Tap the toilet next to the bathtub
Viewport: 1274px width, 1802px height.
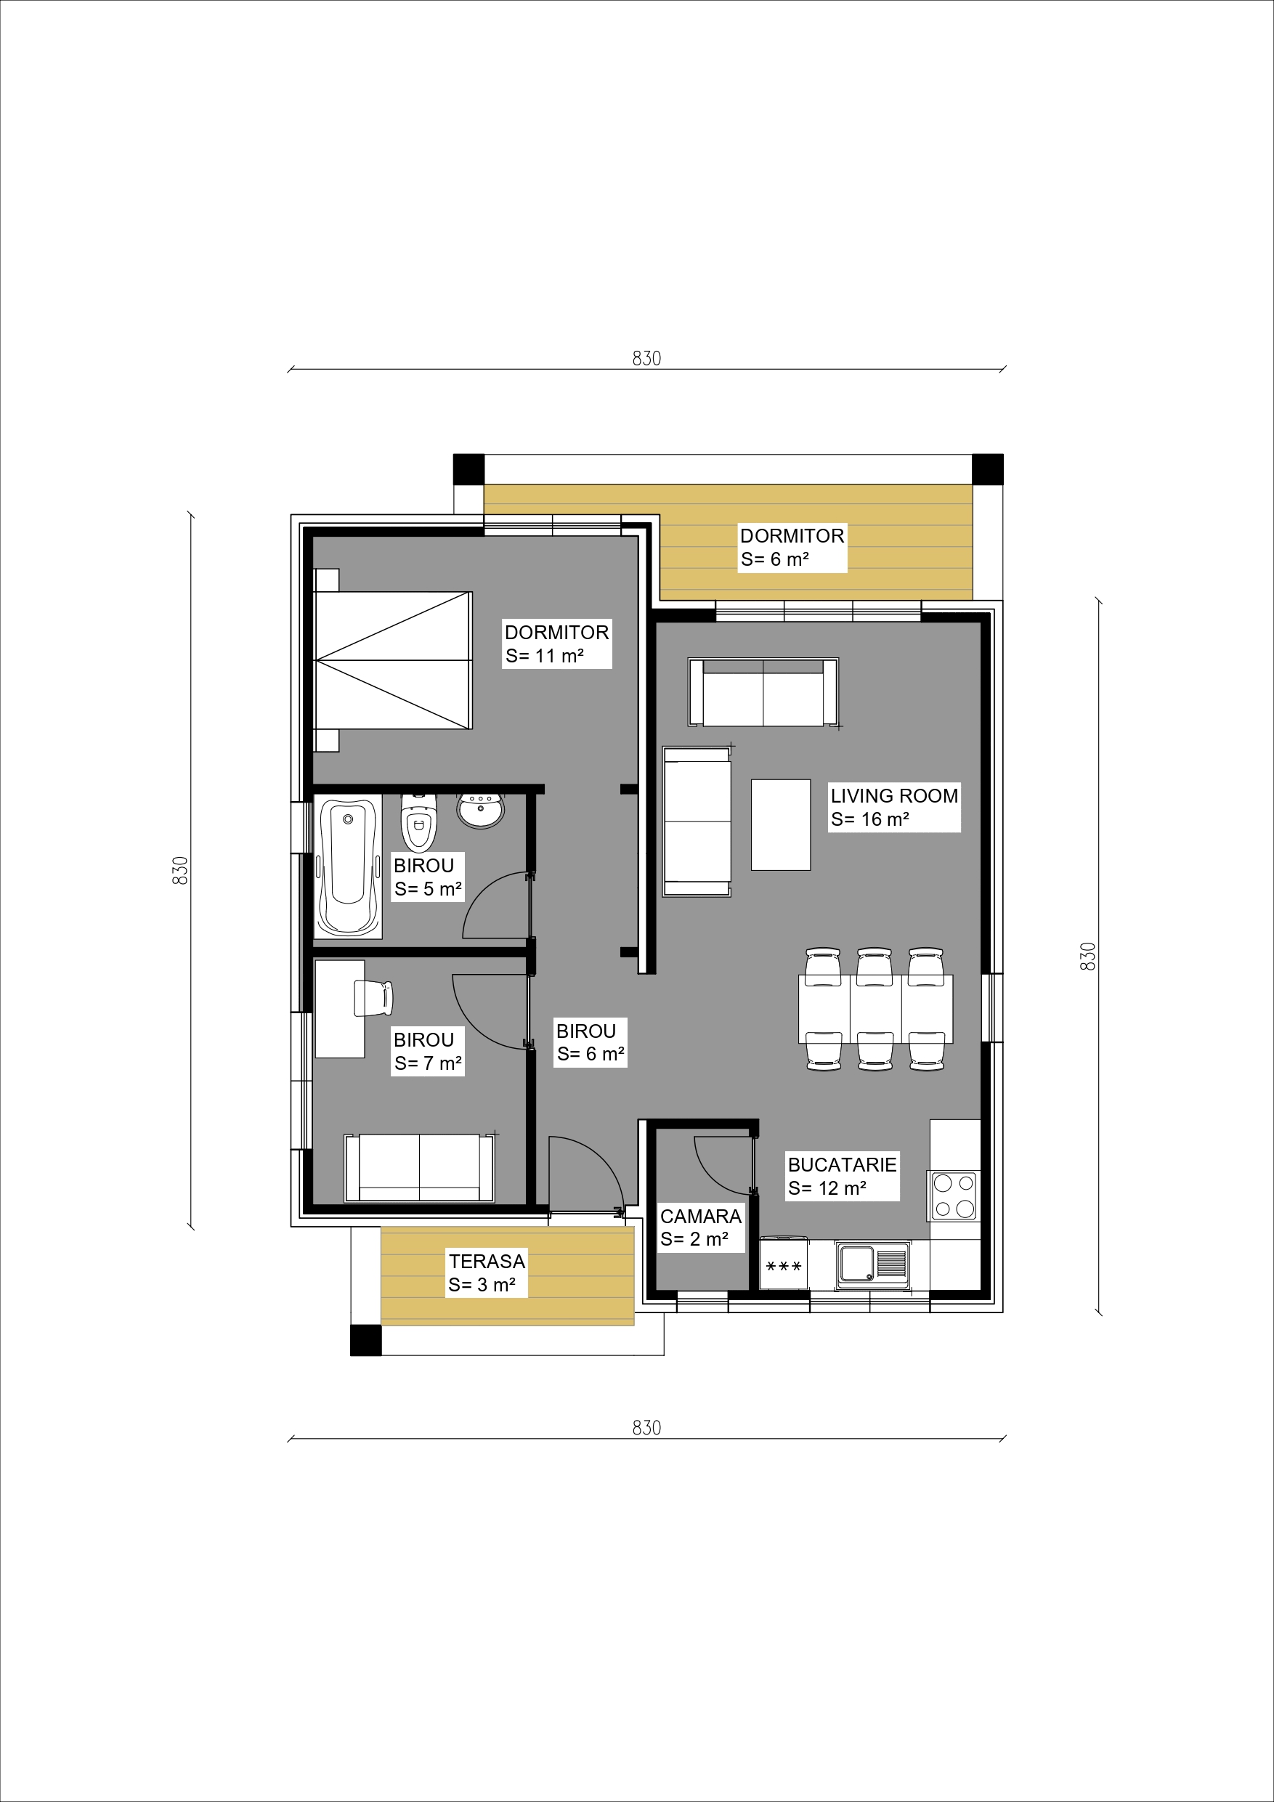[x=418, y=821]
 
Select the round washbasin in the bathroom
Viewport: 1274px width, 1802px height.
[x=480, y=811]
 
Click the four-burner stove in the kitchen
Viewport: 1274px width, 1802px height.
[x=954, y=1196]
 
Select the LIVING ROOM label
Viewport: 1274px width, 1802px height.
[x=894, y=796]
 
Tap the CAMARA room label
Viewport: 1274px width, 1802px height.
[x=700, y=1217]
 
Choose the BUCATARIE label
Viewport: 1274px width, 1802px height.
[x=843, y=1165]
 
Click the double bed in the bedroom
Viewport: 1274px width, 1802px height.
[x=392, y=660]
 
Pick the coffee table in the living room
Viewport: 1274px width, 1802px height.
[x=780, y=824]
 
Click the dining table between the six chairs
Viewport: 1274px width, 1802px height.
[x=876, y=1009]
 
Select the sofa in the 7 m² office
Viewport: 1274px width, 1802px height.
[x=420, y=1167]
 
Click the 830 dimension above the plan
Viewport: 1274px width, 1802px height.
[x=647, y=358]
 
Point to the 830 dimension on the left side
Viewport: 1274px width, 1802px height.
[x=181, y=870]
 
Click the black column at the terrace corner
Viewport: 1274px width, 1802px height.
[x=366, y=1340]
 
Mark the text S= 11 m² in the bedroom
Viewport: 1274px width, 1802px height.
[x=545, y=656]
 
